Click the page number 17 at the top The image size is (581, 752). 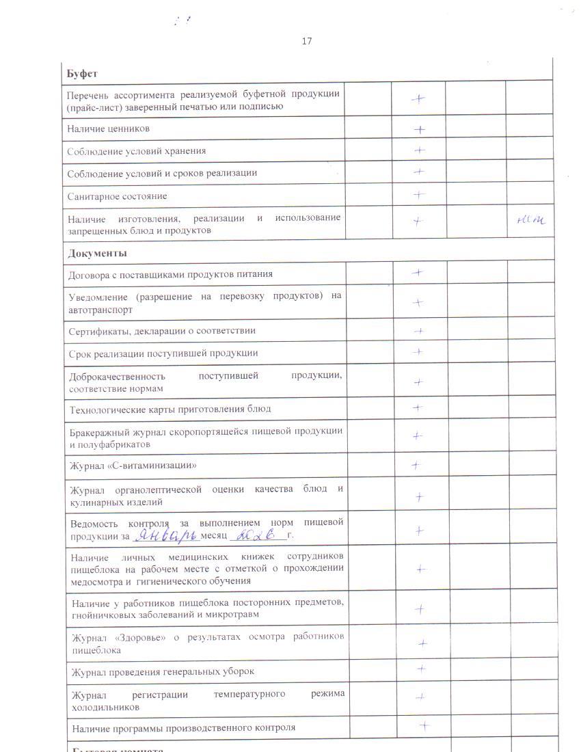point(306,41)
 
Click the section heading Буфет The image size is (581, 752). point(83,73)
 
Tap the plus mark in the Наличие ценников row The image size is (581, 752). point(419,129)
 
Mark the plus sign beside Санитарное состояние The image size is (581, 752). point(419,195)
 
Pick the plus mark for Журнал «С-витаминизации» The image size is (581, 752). point(416,466)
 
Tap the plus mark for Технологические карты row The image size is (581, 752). point(418,408)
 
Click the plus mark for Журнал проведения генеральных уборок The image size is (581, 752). point(422,669)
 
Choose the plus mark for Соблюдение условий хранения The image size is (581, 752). point(419,150)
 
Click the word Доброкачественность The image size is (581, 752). point(118,376)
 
